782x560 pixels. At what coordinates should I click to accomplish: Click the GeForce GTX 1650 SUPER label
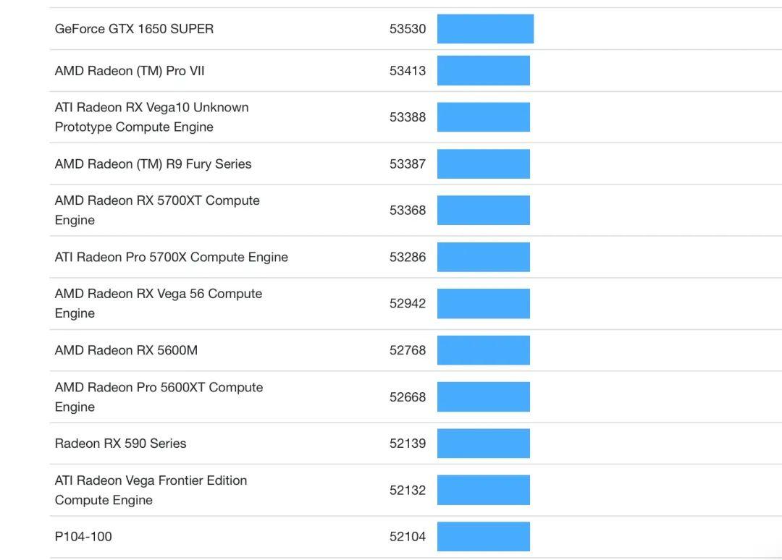pos(134,29)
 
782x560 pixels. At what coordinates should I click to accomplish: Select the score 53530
pos(408,29)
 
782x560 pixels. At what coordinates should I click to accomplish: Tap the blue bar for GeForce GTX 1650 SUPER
pos(485,29)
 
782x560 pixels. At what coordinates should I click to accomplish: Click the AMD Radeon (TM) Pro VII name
pos(130,71)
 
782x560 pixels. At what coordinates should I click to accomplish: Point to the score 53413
pos(408,71)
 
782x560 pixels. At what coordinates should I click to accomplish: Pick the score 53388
pos(408,117)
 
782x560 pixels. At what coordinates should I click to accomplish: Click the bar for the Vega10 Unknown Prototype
pos(483,117)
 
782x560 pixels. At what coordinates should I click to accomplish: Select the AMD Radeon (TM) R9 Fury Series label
pos(153,164)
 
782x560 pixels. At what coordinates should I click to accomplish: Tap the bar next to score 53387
pos(483,164)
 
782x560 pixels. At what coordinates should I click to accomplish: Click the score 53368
pos(408,211)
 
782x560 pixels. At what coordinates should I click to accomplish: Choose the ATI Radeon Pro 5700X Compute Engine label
pos(171,258)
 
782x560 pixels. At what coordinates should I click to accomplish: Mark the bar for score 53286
pos(483,258)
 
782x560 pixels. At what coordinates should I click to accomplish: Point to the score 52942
pos(408,304)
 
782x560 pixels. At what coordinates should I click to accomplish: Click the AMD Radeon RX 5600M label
pos(126,350)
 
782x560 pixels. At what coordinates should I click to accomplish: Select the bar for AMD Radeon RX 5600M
pos(483,350)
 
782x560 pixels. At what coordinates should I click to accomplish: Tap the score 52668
pos(408,397)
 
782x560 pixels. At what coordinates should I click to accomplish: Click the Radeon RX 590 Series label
pos(120,444)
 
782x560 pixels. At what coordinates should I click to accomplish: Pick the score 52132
pos(408,491)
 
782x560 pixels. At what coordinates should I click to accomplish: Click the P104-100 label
pos(83,537)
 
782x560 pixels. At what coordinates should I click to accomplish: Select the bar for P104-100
pos(483,537)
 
